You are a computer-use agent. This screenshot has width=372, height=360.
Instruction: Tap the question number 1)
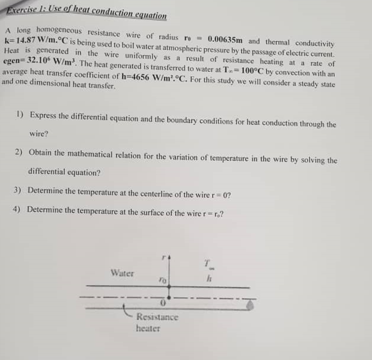pyautogui.click(x=20, y=115)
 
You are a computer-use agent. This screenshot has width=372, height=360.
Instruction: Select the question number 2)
pyautogui.click(x=19, y=153)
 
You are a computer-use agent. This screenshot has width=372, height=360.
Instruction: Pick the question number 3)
pyautogui.click(x=17, y=191)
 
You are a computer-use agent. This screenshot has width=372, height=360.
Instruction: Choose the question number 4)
pyautogui.click(x=17, y=209)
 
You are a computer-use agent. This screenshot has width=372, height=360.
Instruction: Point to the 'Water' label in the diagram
pyautogui.click(x=121, y=273)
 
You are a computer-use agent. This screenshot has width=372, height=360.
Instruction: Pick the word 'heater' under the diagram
pyautogui.click(x=148, y=328)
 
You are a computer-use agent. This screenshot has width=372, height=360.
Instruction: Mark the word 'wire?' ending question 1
pyautogui.click(x=39, y=135)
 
